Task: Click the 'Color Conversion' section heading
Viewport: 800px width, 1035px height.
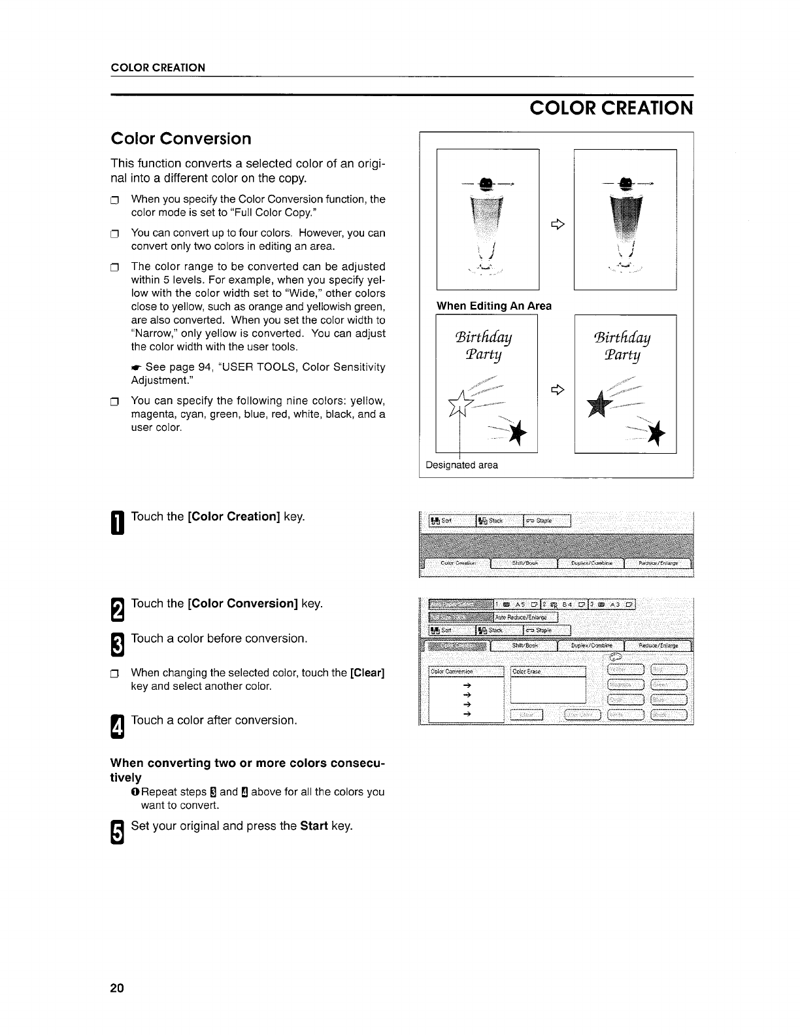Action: point(181,139)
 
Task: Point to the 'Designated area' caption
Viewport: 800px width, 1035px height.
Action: point(461,465)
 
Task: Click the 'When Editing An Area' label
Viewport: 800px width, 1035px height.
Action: point(493,305)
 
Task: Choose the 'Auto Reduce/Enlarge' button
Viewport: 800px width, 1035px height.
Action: point(525,617)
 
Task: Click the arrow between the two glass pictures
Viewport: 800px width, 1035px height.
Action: point(557,224)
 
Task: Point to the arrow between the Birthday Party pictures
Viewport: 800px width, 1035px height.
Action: point(557,390)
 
